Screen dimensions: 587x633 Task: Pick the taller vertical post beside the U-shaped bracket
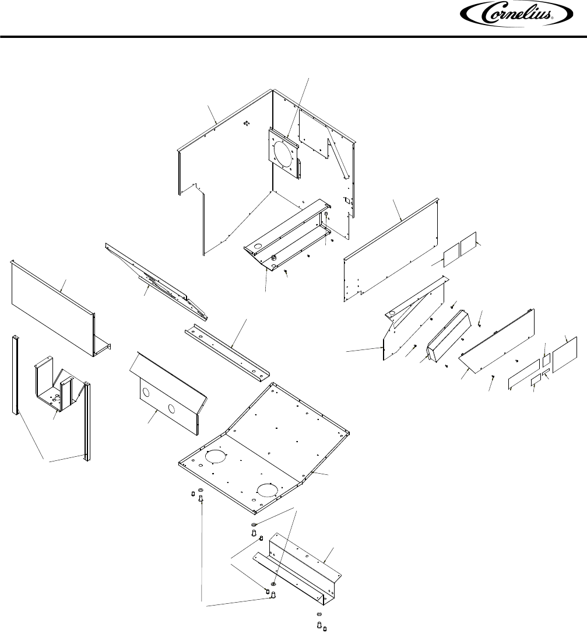point(87,421)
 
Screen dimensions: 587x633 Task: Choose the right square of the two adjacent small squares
point(469,246)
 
